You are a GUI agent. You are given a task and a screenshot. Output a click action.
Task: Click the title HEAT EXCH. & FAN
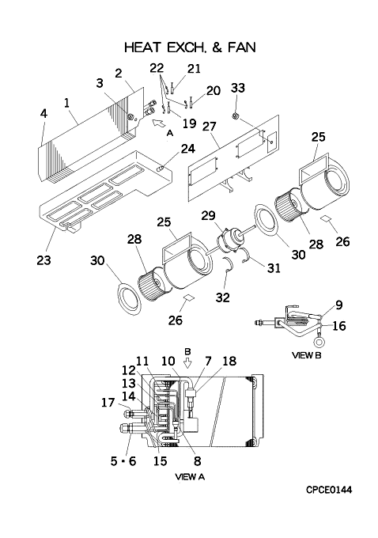190,47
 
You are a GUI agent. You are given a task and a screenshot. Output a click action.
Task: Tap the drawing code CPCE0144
329,490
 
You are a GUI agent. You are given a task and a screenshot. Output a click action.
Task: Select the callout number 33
238,88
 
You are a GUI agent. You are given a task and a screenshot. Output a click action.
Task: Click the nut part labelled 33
236,116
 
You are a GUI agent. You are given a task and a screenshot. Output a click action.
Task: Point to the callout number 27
210,127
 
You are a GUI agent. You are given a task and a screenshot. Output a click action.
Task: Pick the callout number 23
44,260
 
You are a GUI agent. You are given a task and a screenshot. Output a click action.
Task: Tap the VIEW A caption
190,476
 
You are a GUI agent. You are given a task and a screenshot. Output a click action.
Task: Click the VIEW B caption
306,355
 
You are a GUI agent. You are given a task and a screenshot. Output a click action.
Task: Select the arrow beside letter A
158,122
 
